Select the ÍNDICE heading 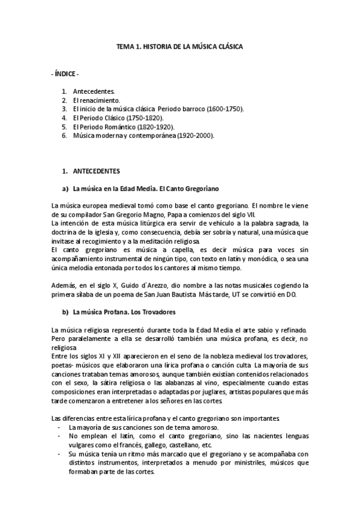pos(65,74)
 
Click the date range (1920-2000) pos(192,136)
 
